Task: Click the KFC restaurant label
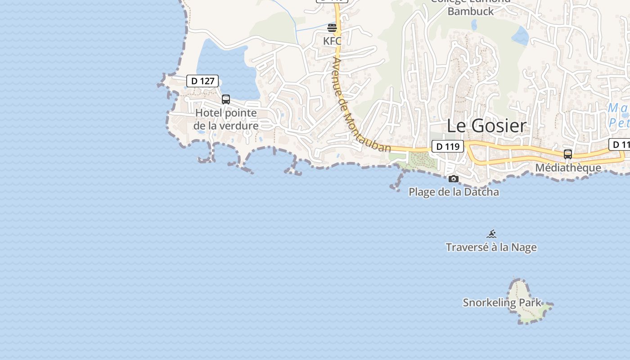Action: [332, 41]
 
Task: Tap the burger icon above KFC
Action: [332, 28]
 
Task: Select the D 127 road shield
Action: [202, 81]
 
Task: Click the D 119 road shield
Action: [447, 146]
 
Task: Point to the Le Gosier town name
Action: [486, 126]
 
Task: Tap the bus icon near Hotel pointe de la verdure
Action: [226, 99]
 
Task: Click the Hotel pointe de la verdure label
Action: [226, 119]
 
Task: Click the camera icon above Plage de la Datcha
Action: [454, 179]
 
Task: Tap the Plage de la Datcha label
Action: [454, 192]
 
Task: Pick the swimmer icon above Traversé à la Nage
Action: [491, 234]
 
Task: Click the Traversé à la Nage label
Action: [491, 247]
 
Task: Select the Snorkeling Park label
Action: [502, 302]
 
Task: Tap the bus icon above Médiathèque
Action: [568, 154]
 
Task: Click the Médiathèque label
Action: [568, 168]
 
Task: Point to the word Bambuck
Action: [471, 11]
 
